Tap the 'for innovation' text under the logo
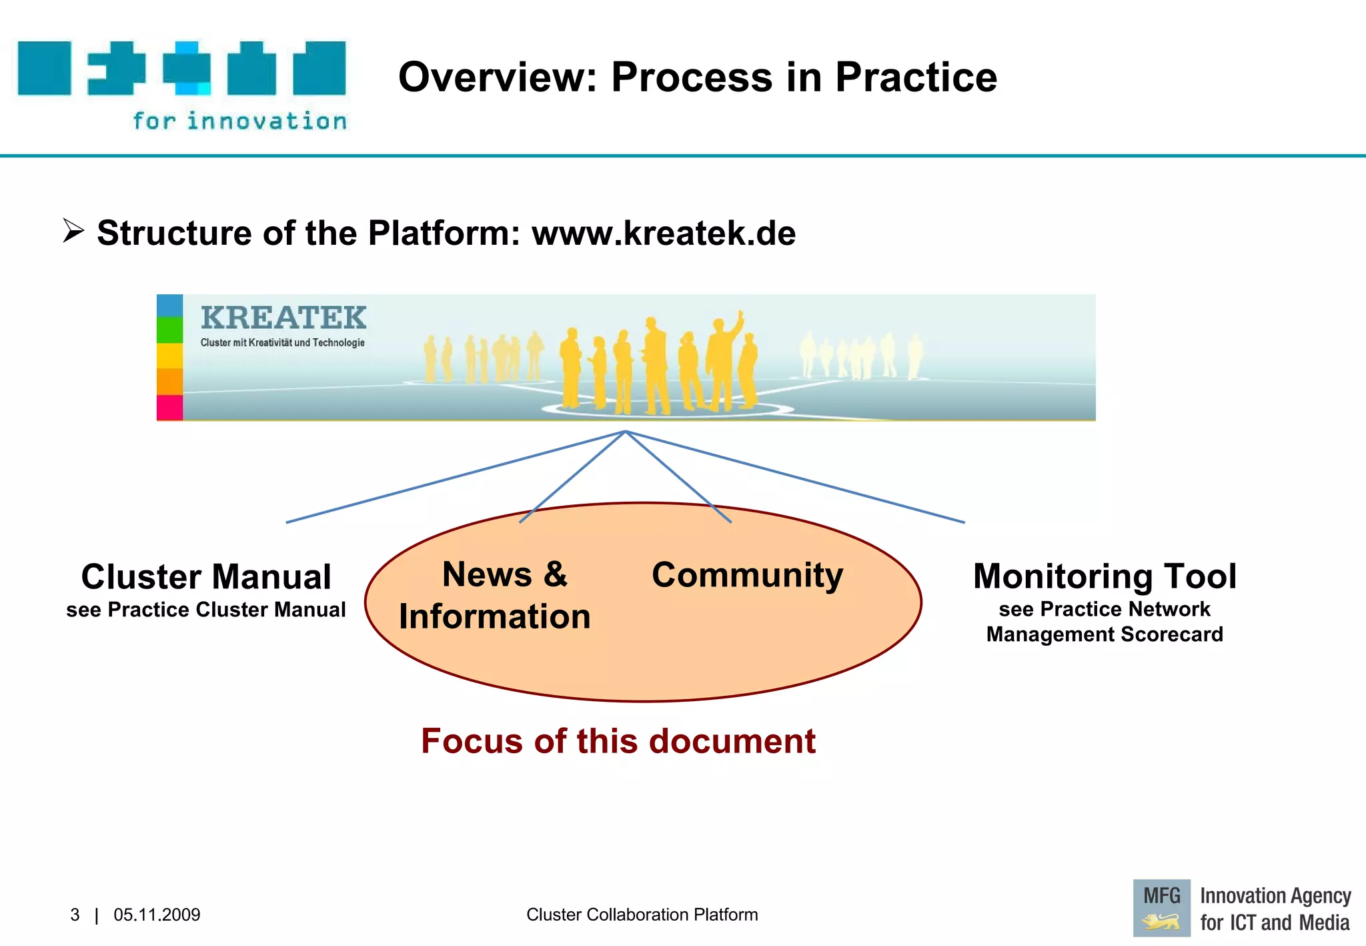(x=239, y=121)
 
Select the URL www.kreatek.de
(x=663, y=233)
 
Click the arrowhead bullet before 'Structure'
(x=73, y=231)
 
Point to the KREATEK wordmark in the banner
(x=283, y=318)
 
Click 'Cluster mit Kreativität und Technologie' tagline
(x=283, y=343)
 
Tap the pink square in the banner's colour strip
(x=169, y=408)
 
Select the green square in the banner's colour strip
(x=169, y=330)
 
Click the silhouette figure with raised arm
(x=723, y=360)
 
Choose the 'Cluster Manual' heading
(x=206, y=576)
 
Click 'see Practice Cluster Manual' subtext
(x=206, y=610)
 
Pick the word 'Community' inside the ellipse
(x=747, y=575)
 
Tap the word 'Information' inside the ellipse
(x=495, y=616)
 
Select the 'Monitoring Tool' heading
(x=1105, y=576)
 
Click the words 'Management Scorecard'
(x=1105, y=634)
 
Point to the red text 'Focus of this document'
(x=618, y=741)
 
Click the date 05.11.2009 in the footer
(x=157, y=915)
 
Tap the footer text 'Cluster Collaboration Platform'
(x=642, y=915)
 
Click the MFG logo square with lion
(x=1161, y=908)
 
